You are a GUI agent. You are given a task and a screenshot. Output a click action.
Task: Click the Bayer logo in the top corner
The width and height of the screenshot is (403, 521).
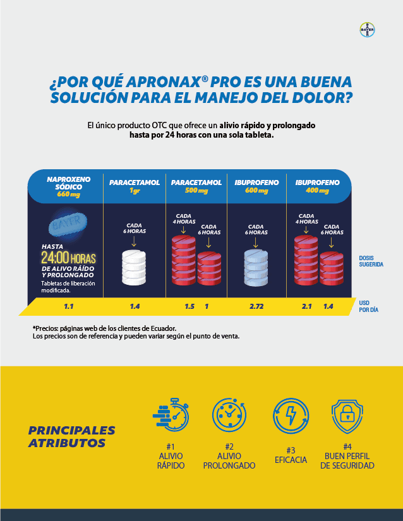(x=367, y=30)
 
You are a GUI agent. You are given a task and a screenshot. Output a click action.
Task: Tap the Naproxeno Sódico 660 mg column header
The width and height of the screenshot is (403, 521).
(x=69, y=186)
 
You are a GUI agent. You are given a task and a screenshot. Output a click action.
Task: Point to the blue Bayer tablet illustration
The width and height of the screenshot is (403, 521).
(x=66, y=225)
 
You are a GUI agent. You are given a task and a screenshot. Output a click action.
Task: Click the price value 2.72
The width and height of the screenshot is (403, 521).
(x=256, y=306)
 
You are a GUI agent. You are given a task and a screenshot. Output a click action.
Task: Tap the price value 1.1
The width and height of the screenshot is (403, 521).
(x=69, y=306)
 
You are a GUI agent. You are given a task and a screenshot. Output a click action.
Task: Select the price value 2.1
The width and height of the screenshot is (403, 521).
(x=307, y=306)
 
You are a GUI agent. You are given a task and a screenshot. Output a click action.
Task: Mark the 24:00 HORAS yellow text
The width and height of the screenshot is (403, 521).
(x=68, y=258)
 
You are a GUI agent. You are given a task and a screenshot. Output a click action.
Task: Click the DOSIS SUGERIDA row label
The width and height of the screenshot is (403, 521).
(x=371, y=261)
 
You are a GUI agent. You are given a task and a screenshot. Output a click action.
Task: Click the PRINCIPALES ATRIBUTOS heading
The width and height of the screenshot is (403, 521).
(x=71, y=436)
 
